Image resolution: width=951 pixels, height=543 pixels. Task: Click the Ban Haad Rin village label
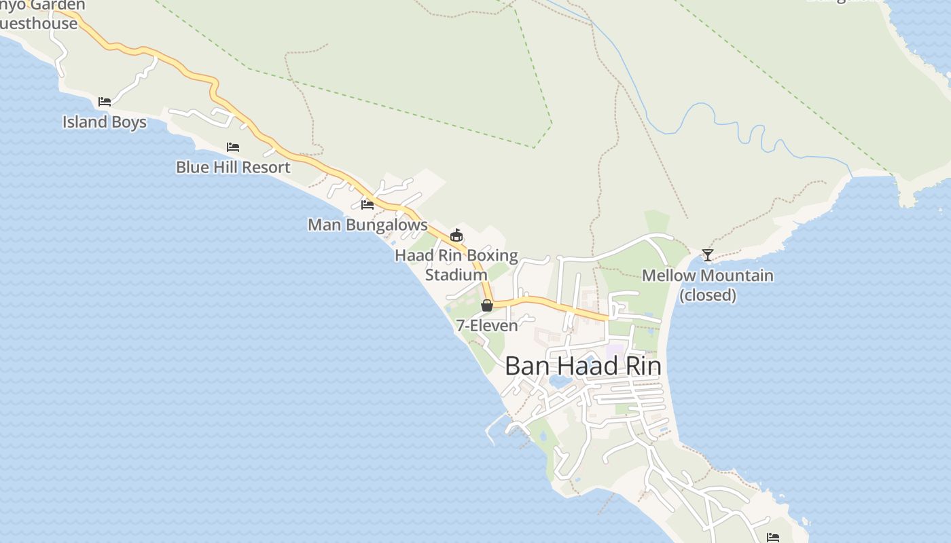(x=583, y=367)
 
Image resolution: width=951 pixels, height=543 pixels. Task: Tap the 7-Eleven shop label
(x=486, y=326)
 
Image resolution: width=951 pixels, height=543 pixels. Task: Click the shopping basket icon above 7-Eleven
(x=486, y=305)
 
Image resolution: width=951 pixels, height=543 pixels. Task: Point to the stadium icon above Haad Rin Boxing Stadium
(x=456, y=236)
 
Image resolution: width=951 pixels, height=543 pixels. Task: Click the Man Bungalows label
(x=367, y=225)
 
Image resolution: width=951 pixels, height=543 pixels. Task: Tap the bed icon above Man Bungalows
(x=367, y=204)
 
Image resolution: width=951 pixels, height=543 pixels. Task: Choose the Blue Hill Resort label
(x=233, y=167)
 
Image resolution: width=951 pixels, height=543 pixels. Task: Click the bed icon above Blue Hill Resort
(x=233, y=147)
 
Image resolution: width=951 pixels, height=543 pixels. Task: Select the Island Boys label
(x=105, y=122)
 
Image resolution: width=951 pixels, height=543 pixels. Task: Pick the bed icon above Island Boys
(x=105, y=102)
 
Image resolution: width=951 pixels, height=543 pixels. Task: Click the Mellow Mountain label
(x=707, y=276)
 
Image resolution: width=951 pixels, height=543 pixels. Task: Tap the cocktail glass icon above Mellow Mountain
(x=707, y=255)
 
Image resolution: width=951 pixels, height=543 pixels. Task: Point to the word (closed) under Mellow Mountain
(x=708, y=295)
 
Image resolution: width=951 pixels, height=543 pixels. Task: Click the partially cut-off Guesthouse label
(x=38, y=24)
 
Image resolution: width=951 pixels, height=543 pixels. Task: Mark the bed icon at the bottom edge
(x=773, y=538)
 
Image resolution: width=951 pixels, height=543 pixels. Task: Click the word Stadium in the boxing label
(x=456, y=275)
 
